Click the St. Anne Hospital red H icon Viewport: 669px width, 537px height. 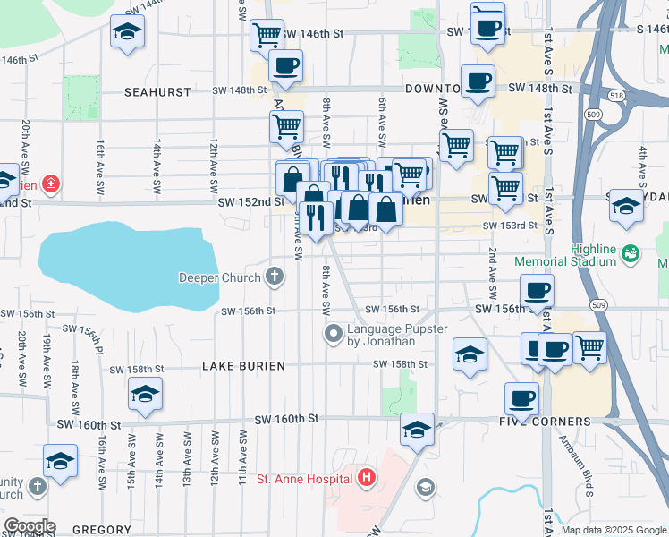coord(366,479)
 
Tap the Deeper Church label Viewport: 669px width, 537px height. coord(218,277)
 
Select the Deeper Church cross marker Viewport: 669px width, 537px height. coord(275,277)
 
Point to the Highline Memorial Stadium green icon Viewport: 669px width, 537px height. coord(631,254)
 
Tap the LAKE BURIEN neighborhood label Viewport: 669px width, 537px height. coord(243,366)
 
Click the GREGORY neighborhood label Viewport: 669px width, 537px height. coord(102,530)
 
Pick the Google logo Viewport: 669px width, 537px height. coord(30,526)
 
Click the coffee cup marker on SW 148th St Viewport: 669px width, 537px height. coord(478,81)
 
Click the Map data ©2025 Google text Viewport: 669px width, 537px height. coord(614,530)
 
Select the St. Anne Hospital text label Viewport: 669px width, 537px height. coord(303,479)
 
